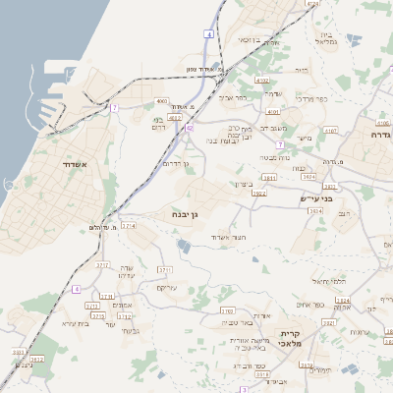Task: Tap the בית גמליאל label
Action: [328, 38]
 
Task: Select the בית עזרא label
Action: [74, 322]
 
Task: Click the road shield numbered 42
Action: [188, 128]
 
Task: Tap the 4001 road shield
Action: [161, 101]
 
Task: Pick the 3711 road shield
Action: [164, 268]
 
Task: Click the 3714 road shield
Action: [128, 226]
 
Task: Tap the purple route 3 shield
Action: [242, 389]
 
